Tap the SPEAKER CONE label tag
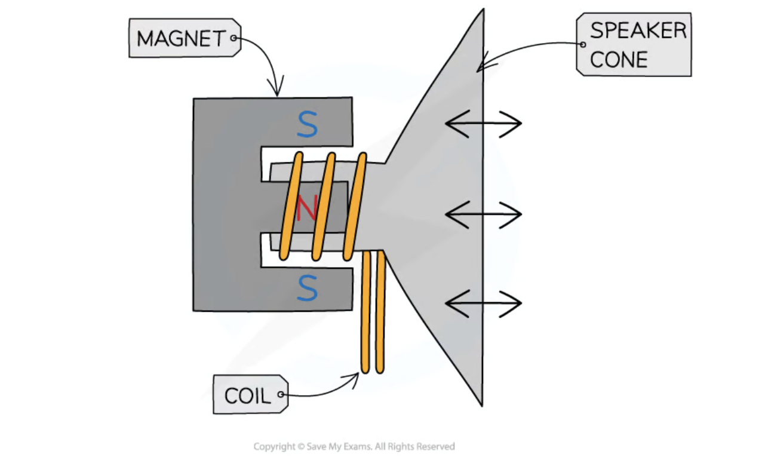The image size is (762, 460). [634, 45]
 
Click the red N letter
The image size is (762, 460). [306, 208]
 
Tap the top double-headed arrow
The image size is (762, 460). [483, 124]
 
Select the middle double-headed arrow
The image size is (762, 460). [483, 214]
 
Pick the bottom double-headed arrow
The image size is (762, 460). [483, 303]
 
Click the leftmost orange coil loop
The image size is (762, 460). [291, 206]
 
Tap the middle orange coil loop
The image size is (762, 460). [323, 206]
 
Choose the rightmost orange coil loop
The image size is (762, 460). [355, 206]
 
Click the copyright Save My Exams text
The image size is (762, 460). [354, 446]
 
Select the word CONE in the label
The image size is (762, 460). [619, 60]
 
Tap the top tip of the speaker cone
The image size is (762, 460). [482, 11]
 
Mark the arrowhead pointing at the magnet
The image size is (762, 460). [276, 92]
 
